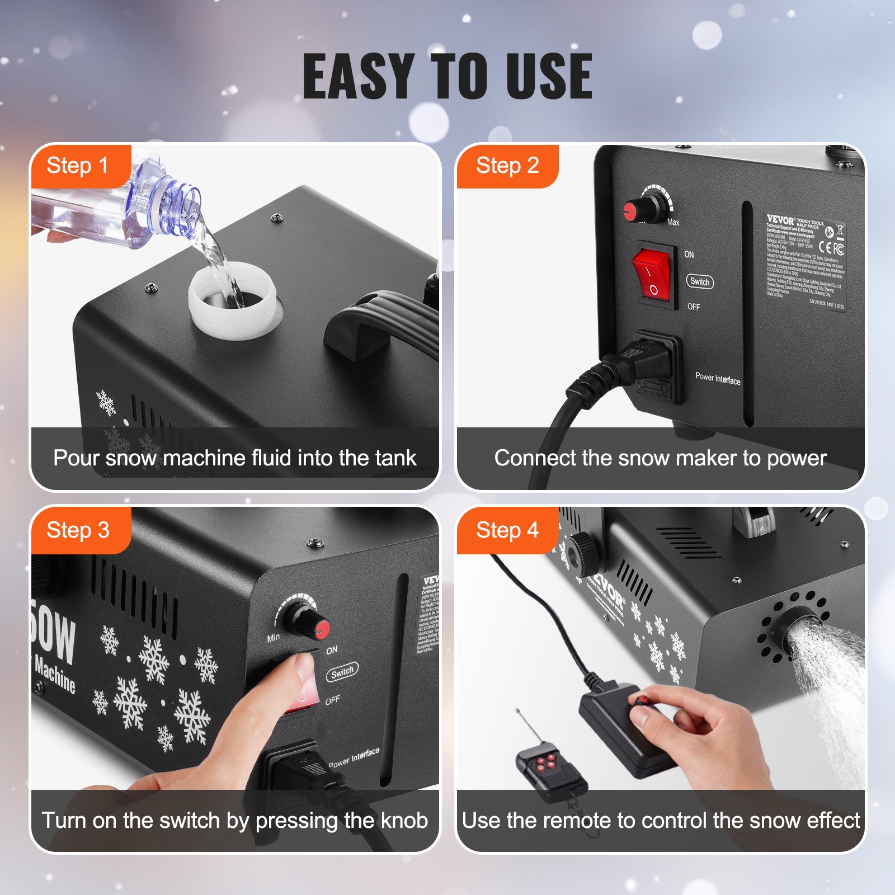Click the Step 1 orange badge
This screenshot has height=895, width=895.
78,166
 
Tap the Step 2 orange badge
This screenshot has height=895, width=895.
507,166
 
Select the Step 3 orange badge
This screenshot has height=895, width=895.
78,530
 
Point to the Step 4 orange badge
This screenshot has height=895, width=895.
507,530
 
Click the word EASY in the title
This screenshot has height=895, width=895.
358,77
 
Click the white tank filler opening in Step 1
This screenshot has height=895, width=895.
232,299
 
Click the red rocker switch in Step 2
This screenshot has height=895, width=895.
652,275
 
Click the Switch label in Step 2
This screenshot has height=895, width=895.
700,282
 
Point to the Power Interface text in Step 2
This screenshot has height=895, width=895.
718,379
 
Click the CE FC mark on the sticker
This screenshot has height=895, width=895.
831,247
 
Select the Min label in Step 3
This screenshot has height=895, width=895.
274,638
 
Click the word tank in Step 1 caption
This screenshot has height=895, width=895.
395,458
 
